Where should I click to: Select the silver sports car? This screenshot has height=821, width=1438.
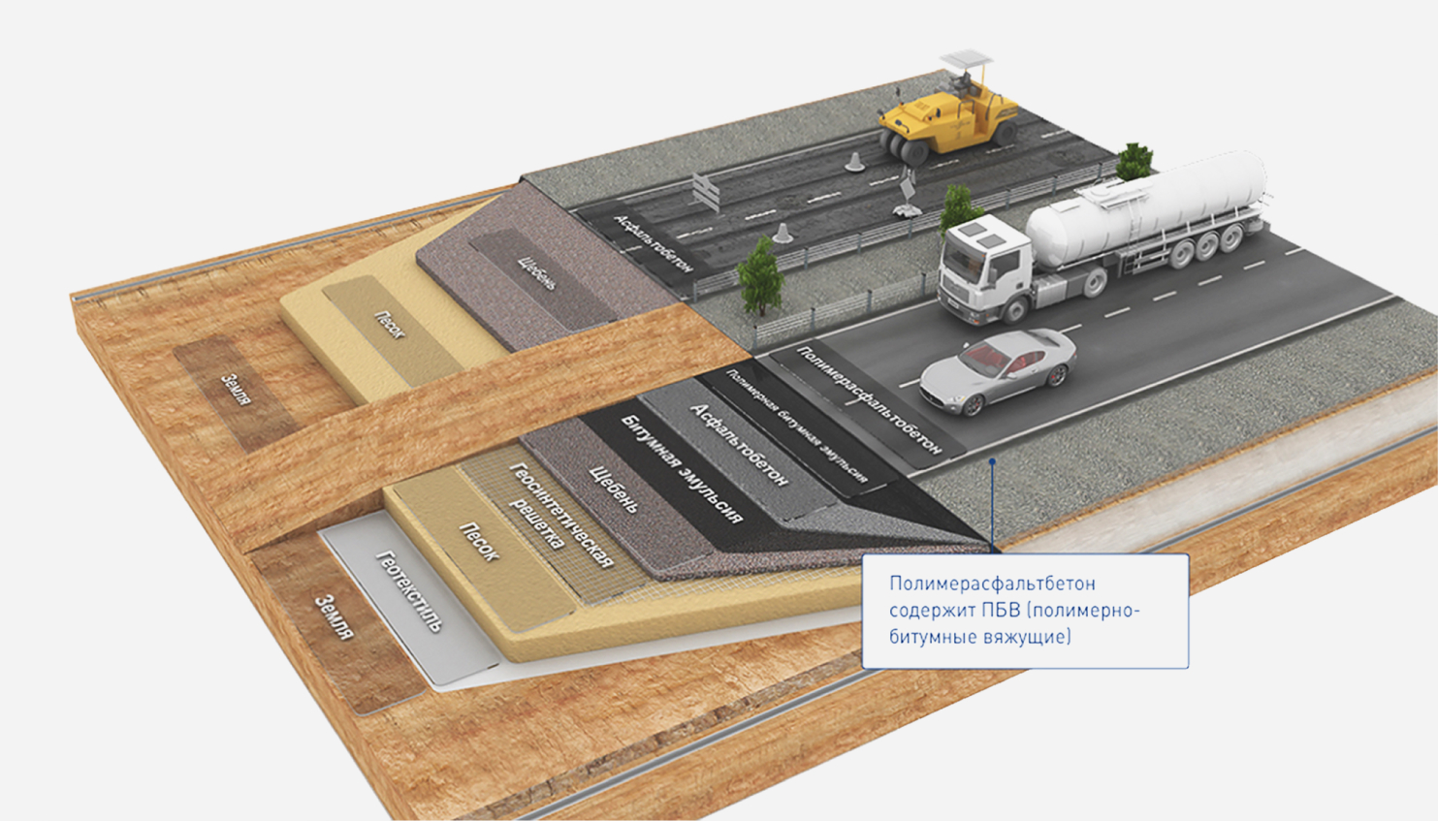(999, 370)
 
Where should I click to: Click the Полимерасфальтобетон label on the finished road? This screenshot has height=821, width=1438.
(868, 397)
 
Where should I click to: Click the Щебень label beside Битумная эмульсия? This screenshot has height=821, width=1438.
(615, 490)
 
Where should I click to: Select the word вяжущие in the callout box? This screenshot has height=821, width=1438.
(1027, 637)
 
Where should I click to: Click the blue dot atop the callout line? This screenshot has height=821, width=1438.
(992, 461)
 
